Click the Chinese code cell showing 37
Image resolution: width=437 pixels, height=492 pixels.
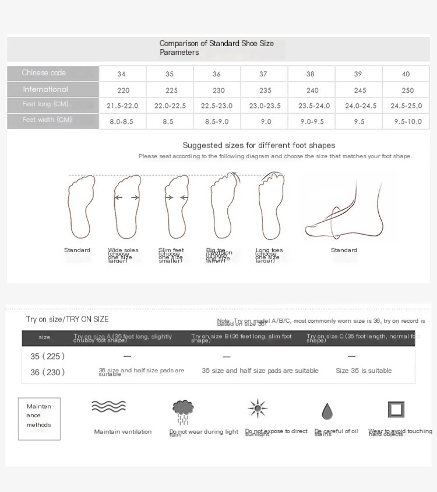click(263, 74)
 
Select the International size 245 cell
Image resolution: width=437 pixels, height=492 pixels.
click(360, 90)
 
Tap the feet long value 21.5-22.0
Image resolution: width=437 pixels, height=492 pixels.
click(122, 106)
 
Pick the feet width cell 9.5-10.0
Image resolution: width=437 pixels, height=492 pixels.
click(407, 122)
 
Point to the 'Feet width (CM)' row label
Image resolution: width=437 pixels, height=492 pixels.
click(47, 120)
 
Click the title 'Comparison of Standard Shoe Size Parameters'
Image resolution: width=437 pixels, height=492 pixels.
click(216, 48)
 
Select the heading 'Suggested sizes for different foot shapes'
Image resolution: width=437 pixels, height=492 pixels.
click(259, 145)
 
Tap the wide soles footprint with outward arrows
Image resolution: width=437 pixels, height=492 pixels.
click(127, 207)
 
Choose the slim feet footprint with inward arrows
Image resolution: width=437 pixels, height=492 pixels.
click(176, 207)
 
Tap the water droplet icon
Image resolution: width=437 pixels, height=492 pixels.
click(327, 411)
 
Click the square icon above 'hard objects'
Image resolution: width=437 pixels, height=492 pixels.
click(396, 409)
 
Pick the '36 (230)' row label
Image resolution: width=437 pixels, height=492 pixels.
click(47, 372)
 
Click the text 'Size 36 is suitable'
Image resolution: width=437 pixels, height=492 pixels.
click(364, 371)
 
